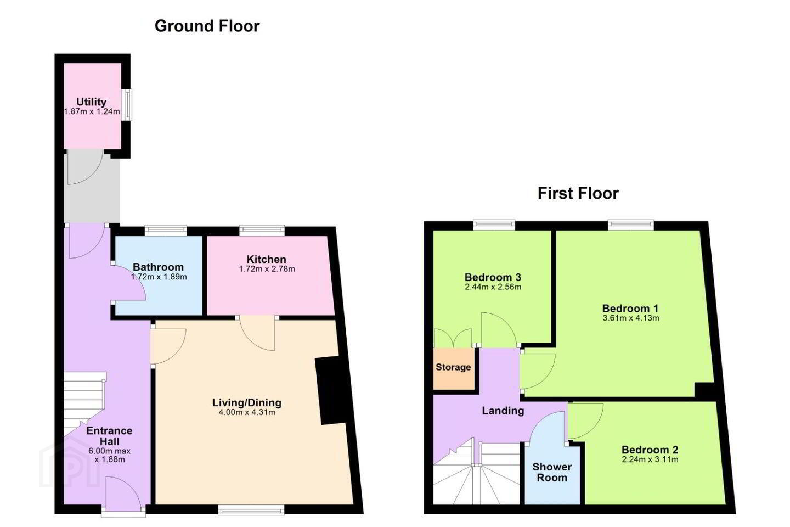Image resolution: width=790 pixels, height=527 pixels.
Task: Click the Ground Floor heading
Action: [x=207, y=26]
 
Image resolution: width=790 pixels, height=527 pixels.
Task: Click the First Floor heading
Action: [x=578, y=193]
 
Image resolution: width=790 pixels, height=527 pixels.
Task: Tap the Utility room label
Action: [x=91, y=102]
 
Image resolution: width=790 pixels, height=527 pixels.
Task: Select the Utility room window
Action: [x=127, y=105]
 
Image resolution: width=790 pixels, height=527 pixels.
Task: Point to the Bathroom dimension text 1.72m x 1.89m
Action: [x=159, y=277]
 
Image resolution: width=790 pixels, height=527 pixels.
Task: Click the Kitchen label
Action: [x=266, y=259]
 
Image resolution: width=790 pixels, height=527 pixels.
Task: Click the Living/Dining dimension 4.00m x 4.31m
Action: [x=247, y=412]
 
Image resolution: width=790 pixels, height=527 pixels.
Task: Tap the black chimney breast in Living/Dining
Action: [x=334, y=390]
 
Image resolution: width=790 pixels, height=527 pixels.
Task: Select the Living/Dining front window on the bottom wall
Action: [x=251, y=509]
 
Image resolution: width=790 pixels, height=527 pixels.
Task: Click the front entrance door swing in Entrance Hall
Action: [x=124, y=494]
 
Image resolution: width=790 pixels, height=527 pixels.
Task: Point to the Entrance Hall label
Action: [x=109, y=436]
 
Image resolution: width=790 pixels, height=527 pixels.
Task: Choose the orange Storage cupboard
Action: [x=454, y=369]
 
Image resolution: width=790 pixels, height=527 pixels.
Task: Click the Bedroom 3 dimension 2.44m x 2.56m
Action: [x=493, y=287]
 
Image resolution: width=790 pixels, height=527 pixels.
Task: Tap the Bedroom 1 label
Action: [x=630, y=308]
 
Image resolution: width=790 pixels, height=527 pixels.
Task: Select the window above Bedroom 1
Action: [x=630, y=225]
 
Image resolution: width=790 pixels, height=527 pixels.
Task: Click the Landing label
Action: [x=503, y=411]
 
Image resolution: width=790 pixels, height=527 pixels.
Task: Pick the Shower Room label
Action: [x=552, y=472]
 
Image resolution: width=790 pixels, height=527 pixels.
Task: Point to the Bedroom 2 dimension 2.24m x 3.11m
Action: [x=650, y=459]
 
